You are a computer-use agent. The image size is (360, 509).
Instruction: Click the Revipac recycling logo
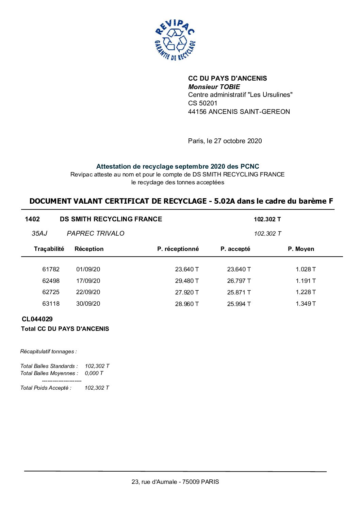click(x=175, y=40)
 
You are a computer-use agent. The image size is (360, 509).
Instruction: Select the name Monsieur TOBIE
click(x=214, y=87)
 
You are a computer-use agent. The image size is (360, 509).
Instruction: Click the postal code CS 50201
click(x=202, y=103)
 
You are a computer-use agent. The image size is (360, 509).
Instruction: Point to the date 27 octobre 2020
click(x=238, y=141)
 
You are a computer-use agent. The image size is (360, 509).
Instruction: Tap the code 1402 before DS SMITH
click(x=32, y=219)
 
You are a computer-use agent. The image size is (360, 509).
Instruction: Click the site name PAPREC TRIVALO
click(x=96, y=233)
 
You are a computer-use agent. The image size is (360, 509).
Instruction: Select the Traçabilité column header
click(x=49, y=249)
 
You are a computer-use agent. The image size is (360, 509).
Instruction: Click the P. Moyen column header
click(x=301, y=249)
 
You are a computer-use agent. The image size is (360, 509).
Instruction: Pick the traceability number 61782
click(x=51, y=269)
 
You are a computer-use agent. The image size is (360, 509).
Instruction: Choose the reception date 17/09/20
click(x=88, y=281)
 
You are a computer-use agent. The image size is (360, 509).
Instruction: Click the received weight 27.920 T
click(x=187, y=292)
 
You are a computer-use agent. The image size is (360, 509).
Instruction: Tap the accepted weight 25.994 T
click(x=239, y=304)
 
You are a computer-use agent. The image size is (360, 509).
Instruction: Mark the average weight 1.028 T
click(x=306, y=269)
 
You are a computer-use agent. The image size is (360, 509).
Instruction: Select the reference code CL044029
click(x=37, y=319)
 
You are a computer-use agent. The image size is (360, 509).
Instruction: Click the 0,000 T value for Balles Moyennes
click(x=94, y=373)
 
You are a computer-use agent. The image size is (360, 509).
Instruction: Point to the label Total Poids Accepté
click(x=46, y=388)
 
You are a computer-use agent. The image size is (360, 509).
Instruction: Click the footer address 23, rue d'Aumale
click(x=175, y=482)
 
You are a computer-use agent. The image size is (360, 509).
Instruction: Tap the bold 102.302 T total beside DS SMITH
click(x=267, y=219)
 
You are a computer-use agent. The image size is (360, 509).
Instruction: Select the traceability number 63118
click(x=51, y=304)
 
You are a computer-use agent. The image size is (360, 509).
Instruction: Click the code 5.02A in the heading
click(x=225, y=201)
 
